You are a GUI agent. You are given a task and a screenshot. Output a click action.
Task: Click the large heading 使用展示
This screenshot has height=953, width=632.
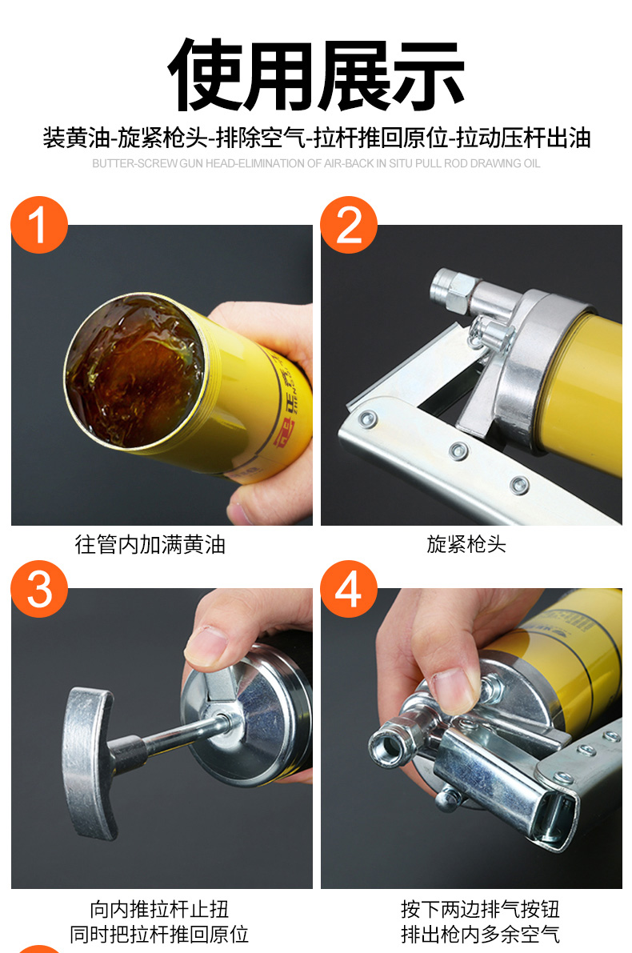pos(316,75)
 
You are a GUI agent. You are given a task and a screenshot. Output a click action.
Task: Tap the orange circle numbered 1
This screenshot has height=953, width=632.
pos(39,225)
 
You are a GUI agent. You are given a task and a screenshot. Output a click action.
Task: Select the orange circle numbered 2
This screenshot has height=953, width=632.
pos(349,225)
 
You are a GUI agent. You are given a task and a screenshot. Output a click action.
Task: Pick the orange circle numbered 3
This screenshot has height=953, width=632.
pos(39,589)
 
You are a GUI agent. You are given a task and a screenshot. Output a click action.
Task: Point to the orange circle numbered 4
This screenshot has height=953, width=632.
pos(349,589)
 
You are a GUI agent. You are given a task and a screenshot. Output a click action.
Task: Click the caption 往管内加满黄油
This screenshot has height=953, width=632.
pos(150,544)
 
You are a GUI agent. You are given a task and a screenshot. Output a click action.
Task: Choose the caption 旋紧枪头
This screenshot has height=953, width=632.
pos(466,544)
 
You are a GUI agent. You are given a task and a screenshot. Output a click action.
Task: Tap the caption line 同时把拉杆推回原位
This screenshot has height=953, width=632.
pos(159,934)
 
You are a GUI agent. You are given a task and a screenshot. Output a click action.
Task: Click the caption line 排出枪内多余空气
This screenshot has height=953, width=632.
pos(480,934)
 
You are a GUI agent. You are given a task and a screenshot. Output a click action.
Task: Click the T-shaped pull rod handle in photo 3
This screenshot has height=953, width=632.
pos(91,763)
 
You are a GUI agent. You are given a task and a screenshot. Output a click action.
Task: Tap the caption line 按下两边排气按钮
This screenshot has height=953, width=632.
pos(480,909)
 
